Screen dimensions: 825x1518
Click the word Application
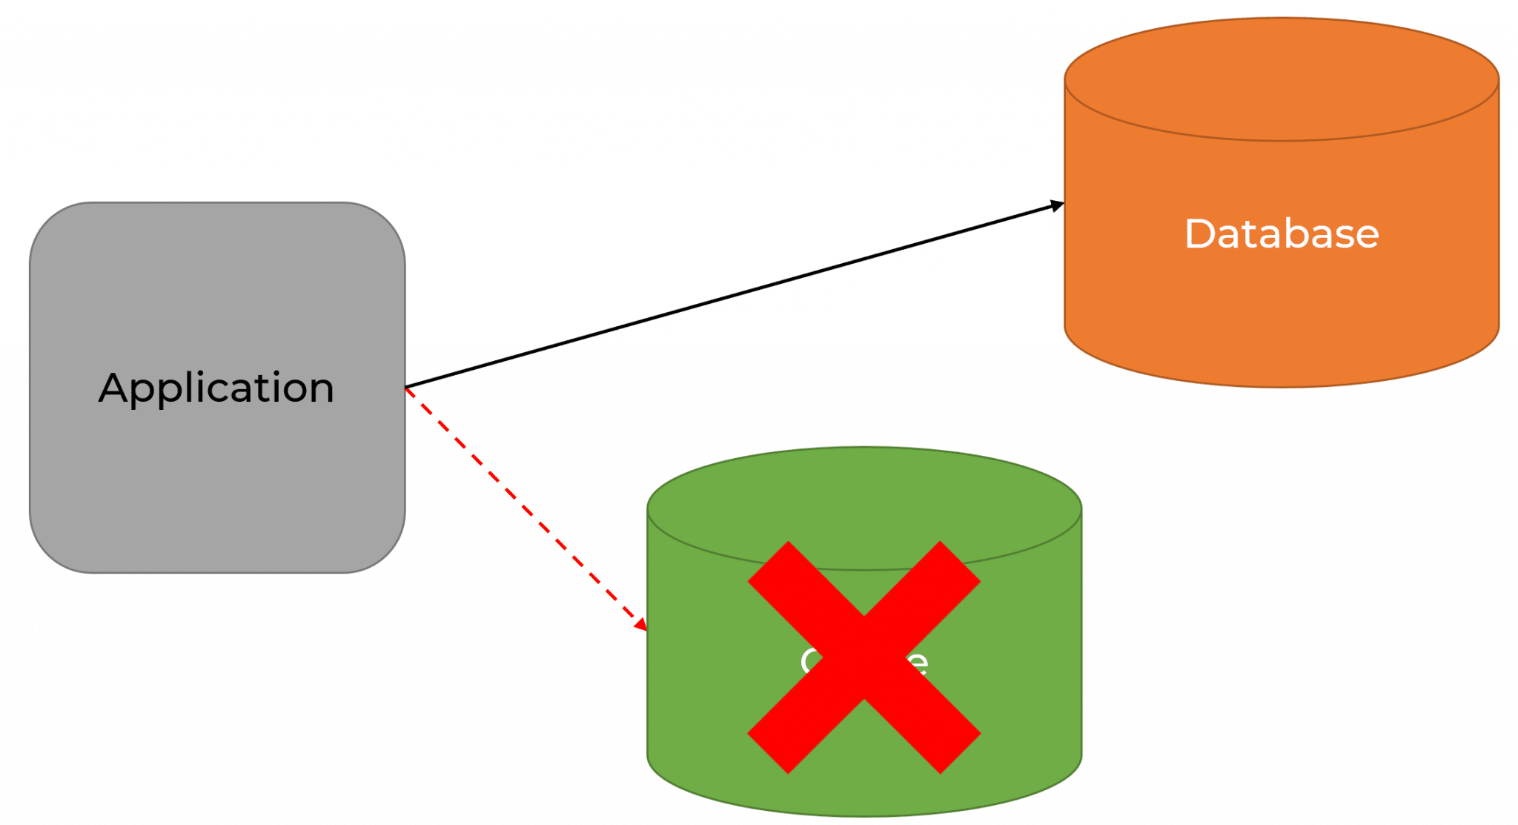point(216,388)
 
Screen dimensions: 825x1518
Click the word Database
point(1282,234)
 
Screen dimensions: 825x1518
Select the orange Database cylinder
point(1282,311)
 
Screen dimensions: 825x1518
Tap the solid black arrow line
point(734,295)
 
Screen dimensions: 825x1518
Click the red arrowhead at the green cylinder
point(641,625)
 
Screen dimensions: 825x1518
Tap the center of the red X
point(864,657)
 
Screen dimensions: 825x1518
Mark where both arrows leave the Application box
point(406,388)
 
